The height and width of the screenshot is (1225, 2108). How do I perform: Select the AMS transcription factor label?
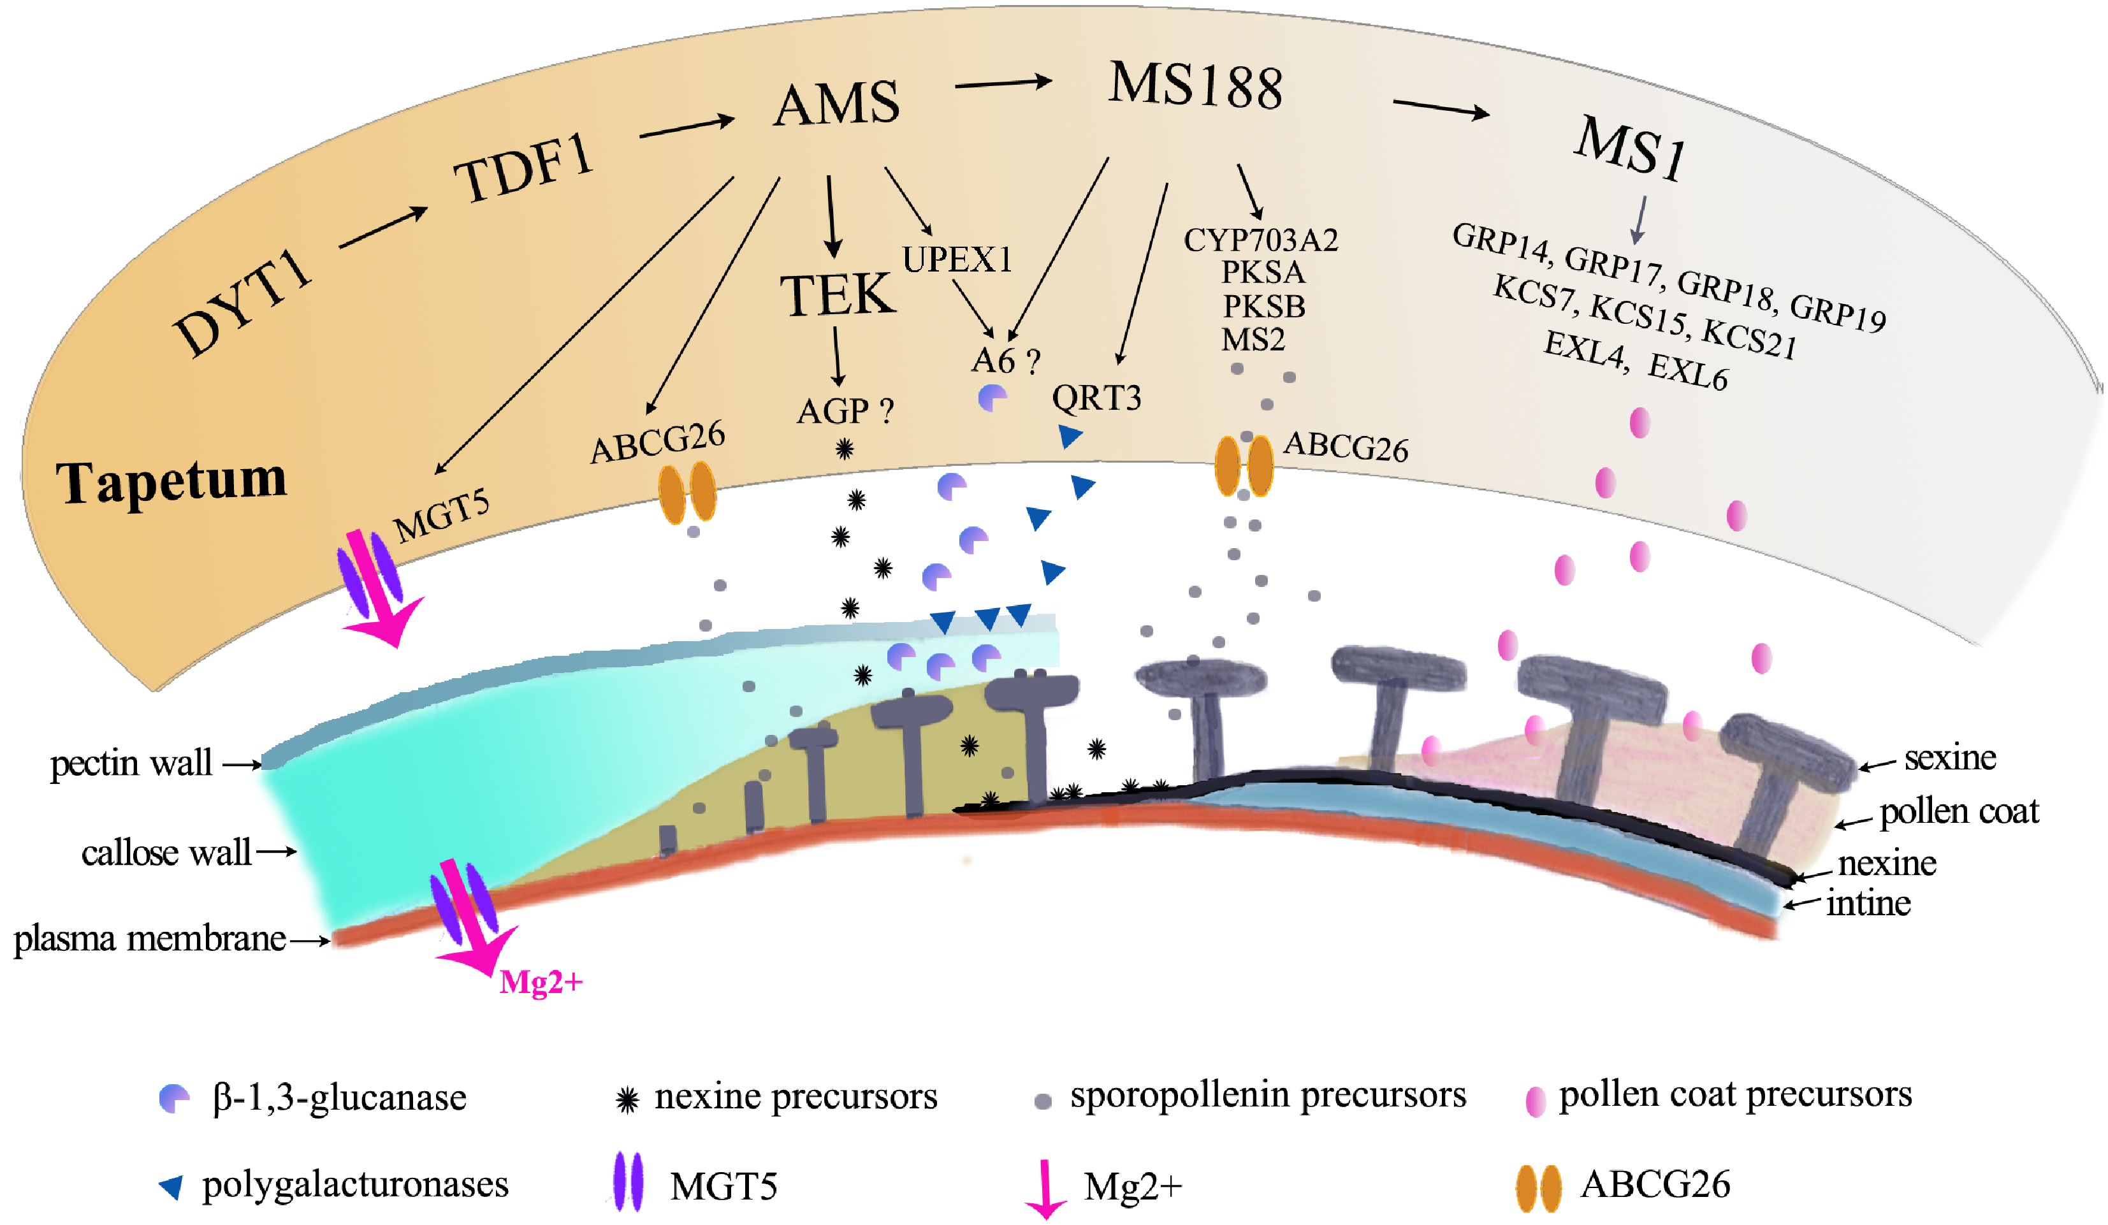click(x=836, y=105)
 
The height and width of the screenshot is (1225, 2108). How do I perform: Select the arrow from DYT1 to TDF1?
click(x=383, y=228)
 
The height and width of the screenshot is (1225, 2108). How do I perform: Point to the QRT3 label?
click(x=1096, y=398)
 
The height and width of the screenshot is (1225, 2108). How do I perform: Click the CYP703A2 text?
click(x=1261, y=240)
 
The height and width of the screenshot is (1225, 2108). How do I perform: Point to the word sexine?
click(x=1950, y=758)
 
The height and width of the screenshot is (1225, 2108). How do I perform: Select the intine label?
click(x=1868, y=903)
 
